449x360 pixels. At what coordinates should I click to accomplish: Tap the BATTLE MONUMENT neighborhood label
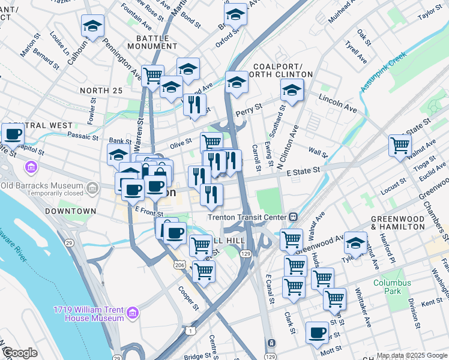[x=152, y=43]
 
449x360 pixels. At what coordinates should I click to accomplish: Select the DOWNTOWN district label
[x=70, y=211]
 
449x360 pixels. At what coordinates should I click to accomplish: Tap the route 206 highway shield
[x=179, y=265]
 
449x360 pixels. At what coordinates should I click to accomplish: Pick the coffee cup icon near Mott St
[x=317, y=332]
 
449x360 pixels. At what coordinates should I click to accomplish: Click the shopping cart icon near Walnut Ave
[x=400, y=145]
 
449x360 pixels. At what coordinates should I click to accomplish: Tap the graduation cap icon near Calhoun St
[x=92, y=26]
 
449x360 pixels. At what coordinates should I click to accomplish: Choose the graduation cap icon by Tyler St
[x=355, y=243]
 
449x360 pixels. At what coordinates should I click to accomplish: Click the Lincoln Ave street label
[x=338, y=103]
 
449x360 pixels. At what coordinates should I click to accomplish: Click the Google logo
[x=20, y=353]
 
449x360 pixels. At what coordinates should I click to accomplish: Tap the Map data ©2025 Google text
[x=412, y=355]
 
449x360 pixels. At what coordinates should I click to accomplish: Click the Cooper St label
[x=188, y=298]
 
